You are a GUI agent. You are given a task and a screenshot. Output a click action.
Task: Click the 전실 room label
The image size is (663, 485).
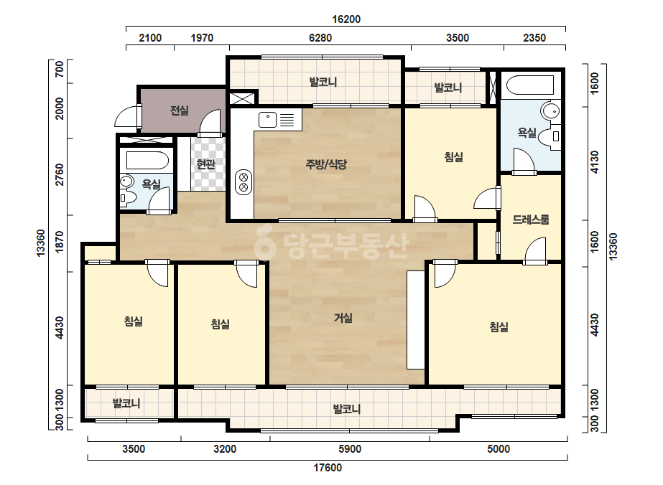click(x=180, y=110)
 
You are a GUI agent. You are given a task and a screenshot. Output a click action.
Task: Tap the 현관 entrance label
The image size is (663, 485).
click(x=206, y=164)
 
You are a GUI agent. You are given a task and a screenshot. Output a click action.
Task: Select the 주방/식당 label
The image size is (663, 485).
click(x=326, y=164)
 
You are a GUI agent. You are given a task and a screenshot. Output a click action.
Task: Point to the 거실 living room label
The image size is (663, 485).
click(x=343, y=318)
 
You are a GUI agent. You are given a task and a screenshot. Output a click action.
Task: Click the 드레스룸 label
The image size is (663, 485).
click(x=531, y=220)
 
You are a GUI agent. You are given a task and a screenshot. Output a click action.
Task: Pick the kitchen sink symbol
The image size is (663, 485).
click(x=267, y=120)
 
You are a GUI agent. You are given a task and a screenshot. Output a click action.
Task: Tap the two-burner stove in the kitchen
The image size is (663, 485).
click(x=244, y=182)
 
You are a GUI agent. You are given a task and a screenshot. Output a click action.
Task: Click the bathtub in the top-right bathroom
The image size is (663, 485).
click(x=530, y=85)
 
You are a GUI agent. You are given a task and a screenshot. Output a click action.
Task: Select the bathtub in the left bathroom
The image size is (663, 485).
click(x=147, y=161)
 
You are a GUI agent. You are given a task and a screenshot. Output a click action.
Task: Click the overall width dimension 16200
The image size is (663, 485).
click(x=346, y=19)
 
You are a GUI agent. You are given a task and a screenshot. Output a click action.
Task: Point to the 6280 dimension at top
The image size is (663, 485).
click(x=320, y=38)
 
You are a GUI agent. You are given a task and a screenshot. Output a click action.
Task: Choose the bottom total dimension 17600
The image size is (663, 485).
click(x=328, y=468)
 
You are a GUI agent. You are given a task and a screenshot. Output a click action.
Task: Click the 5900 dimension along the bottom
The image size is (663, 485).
click(x=350, y=449)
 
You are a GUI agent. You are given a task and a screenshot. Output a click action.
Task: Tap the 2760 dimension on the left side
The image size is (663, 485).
click(x=60, y=174)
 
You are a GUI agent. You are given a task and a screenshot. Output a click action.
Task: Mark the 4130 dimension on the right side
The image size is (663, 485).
click(x=595, y=162)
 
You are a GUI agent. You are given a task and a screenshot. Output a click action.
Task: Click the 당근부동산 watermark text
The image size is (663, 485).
click(x=331, y=245)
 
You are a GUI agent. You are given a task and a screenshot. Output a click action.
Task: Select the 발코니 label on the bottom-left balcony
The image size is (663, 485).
click(x=126, y=403)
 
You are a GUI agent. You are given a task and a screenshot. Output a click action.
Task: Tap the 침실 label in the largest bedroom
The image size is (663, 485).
click(x=499, y=326)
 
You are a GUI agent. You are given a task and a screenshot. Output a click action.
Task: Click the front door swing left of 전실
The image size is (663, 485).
click(x=128, y=116)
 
